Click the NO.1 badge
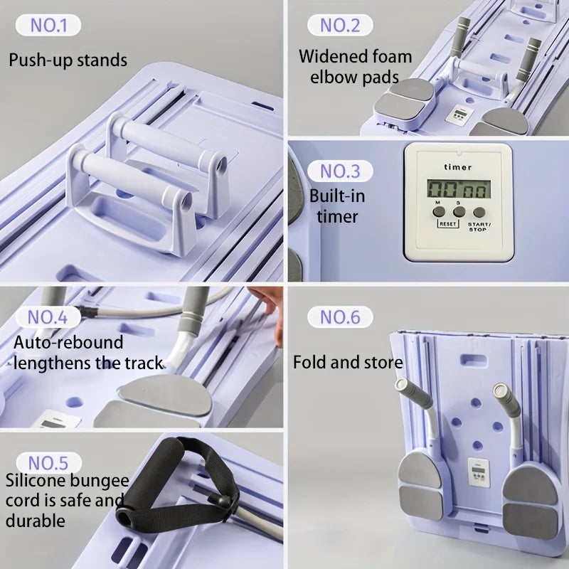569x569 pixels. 48,25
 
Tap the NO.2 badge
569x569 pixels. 340,25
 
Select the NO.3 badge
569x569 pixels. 340,171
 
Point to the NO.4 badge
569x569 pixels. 48,317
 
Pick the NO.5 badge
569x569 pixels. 48,463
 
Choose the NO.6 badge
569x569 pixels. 340,317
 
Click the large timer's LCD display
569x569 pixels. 459,189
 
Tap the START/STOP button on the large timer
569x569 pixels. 479,212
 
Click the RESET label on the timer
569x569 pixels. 448,224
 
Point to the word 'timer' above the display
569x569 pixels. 458,167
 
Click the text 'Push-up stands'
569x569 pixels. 68,60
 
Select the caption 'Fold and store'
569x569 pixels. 348,362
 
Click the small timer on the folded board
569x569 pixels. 479,472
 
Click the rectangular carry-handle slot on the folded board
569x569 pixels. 474,360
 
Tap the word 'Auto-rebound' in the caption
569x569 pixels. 68,343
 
